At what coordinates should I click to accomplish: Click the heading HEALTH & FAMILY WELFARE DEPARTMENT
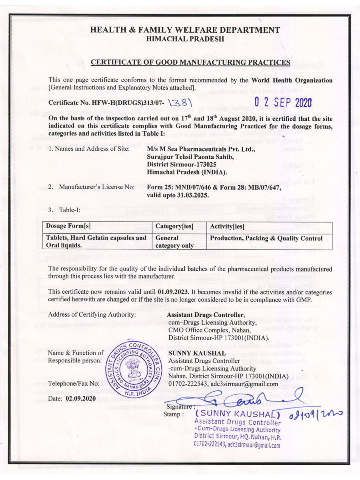[185, 30]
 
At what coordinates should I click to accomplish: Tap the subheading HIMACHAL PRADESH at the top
[185, 39]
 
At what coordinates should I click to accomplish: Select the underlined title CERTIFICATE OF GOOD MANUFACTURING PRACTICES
[190, 62]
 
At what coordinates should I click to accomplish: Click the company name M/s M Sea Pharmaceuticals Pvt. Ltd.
[195, 150]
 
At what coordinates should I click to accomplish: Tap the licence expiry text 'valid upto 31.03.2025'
[178, 196]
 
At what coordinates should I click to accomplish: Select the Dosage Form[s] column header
[68, 226]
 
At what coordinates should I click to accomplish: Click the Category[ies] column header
[173, 226]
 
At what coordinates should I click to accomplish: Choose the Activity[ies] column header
[227, 226]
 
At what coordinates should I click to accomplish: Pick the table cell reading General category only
[174, 242]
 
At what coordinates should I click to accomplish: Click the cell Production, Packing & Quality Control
[266, 238]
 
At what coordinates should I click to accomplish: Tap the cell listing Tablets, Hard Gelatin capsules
[96, 242]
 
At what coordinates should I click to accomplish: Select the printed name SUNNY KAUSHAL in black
[191, 354]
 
